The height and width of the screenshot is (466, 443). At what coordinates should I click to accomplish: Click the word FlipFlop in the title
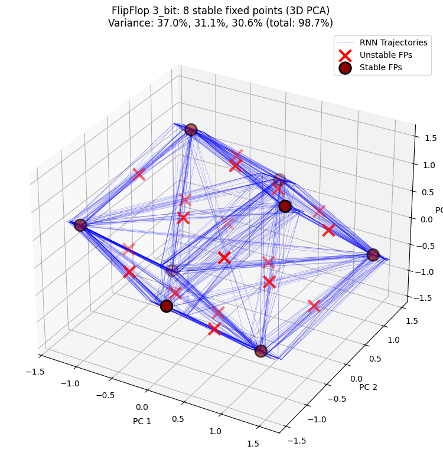131,11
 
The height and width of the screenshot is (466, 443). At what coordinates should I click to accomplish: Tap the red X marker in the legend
346,54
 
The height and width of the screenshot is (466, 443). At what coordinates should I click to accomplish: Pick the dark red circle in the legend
346,67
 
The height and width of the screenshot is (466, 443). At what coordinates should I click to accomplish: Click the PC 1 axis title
142,422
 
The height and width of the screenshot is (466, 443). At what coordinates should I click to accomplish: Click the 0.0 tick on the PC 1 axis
142,407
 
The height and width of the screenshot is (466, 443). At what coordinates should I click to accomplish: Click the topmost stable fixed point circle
191,130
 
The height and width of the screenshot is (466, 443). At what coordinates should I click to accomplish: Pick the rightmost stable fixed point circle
373,255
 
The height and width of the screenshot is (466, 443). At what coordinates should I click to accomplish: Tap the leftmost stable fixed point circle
80,225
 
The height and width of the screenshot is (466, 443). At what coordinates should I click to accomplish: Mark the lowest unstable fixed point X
214,329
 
